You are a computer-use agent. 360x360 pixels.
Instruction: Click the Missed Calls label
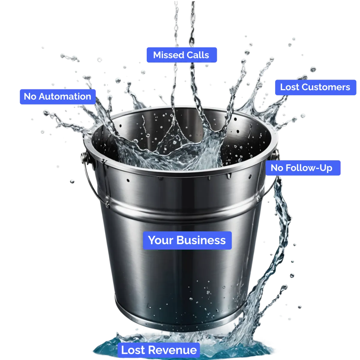181,55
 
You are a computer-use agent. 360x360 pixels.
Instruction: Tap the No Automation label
57,97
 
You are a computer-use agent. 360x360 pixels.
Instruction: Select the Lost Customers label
315,87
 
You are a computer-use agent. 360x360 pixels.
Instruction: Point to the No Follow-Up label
301,168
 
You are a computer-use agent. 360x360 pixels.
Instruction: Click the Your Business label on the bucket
187,240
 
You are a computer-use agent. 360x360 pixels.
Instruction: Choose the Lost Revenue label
159,350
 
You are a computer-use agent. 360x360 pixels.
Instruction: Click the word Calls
197,55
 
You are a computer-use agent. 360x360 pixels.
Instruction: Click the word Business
201,240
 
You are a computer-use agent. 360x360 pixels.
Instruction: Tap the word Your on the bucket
160,240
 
